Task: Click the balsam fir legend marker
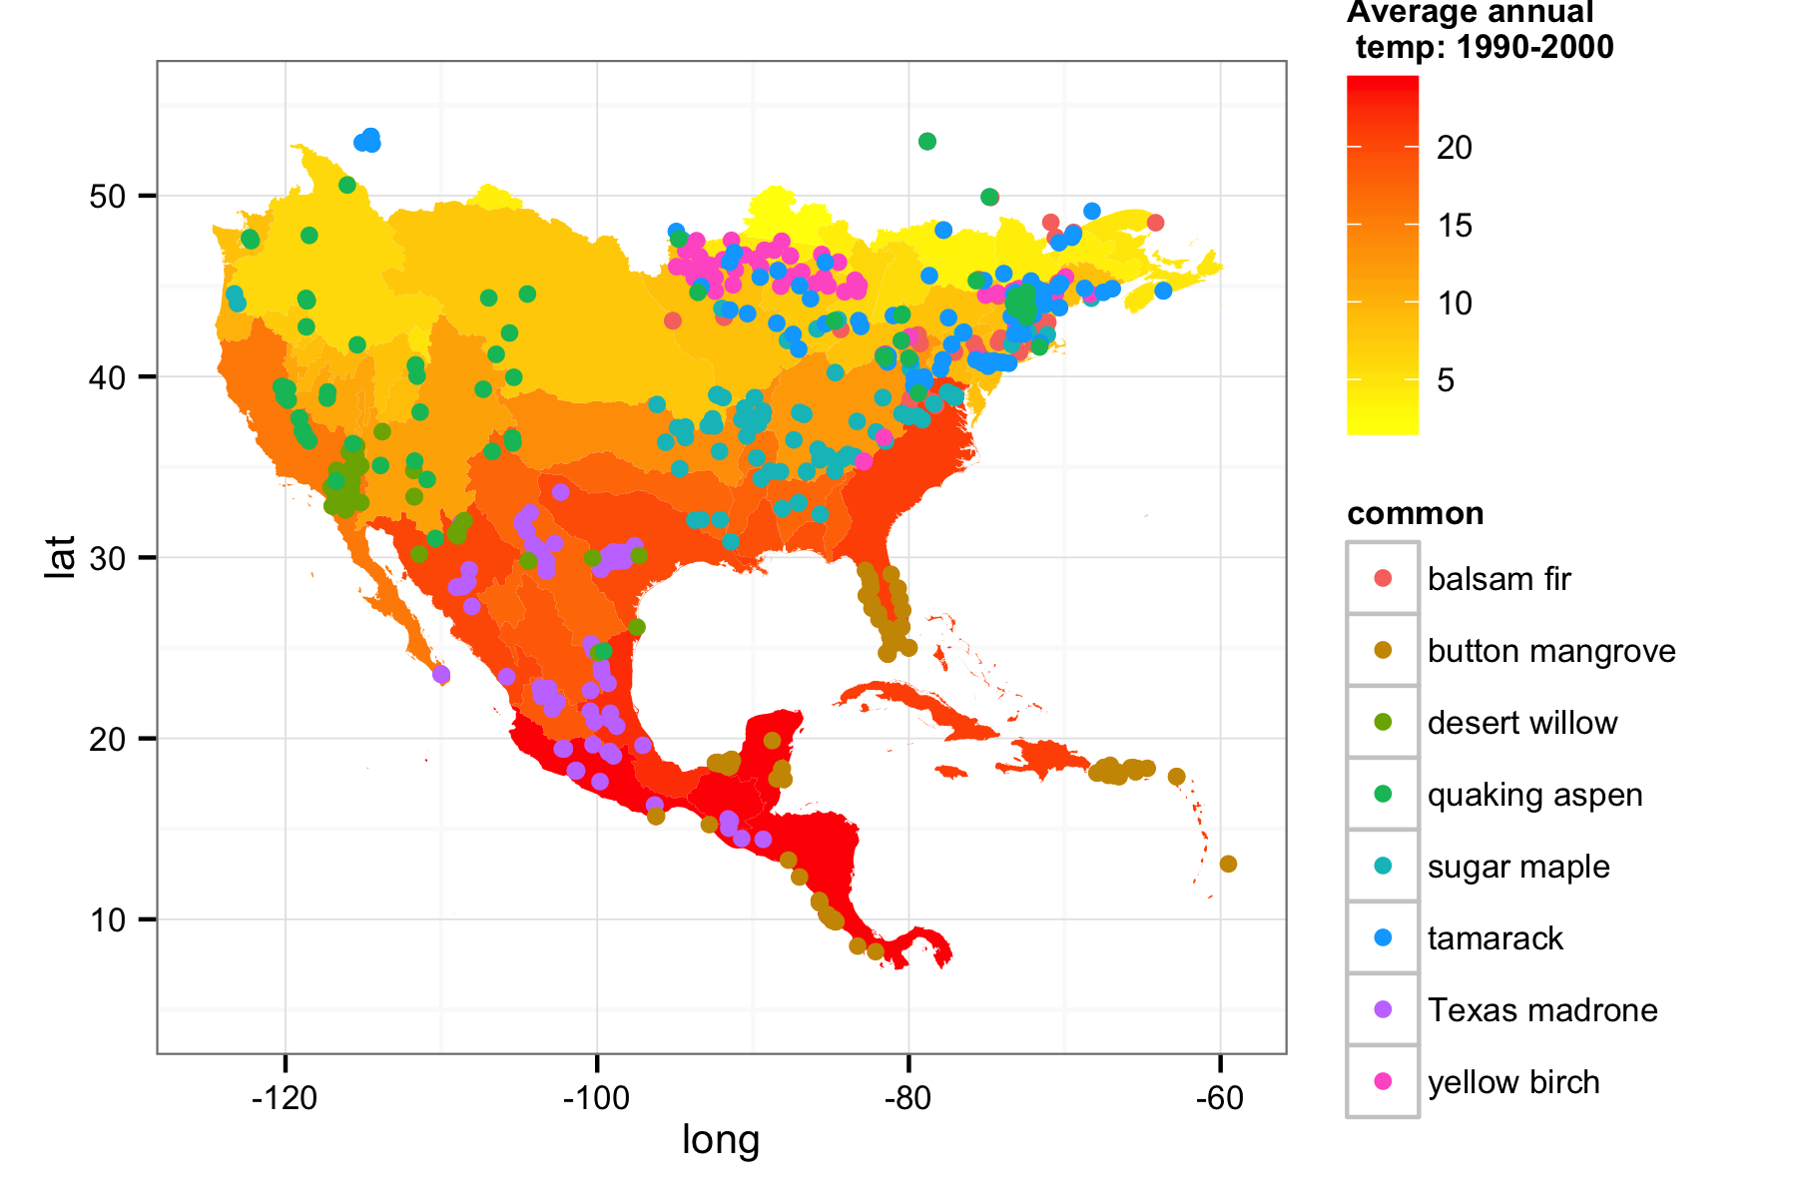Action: (x=1383, y=579)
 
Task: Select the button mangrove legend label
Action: (x=1550, y=651)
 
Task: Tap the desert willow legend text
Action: (x=1521, y=723)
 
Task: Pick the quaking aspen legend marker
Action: (x=1383, y=795)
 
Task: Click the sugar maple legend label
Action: (x=1517, y=867)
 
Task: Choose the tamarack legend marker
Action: (x=1383, y=938)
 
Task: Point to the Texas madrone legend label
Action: (x=1541, y=1010)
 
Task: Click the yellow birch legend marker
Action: (x=1383, y=1082)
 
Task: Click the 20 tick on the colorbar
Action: (x=1455, y=148)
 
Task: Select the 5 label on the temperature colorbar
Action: (x=1446, y=380)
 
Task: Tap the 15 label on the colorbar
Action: (x=1455, y=226)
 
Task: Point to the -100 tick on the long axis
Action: (x=596, y=1099)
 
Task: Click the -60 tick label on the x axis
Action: (x=1219, y=1099)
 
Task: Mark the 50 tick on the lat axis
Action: (x=108, y=196)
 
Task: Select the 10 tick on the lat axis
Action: (x=108, y=919)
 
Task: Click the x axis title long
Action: (x=721, y=1140)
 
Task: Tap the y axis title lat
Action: (x=61, y=556)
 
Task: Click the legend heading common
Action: (x=1415, y=513)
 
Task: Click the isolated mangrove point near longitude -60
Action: (x=1228, y=864)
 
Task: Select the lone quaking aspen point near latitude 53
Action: (x=926, y=142)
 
